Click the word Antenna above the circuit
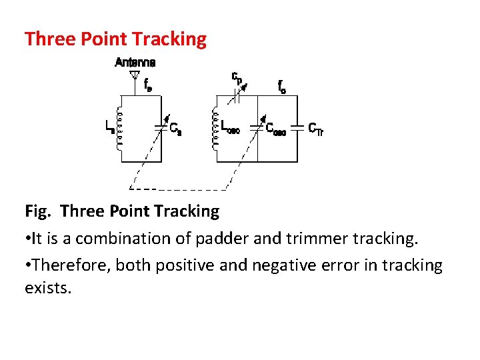coord(135,62)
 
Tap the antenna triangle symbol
coord(135,75)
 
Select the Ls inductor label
coord(109,126)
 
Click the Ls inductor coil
coord(120,131)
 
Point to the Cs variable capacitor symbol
coord(160,125)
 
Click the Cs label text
coord(175,129)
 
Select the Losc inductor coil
coord(215,131)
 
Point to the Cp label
coord(237,78)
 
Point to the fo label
coord(282,86)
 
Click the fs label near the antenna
coord(148,85)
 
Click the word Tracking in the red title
coord(170,39)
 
